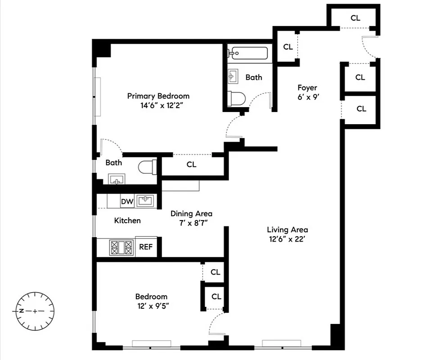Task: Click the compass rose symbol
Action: click(x=36, y=311)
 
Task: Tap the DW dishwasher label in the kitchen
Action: click(x=127, y=202)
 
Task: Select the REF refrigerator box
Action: click(x=146, y=247)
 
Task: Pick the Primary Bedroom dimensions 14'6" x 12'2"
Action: click(x=158, y=106)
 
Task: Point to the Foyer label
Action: click(x=307, y=88)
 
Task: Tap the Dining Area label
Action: click(x=191, y=214)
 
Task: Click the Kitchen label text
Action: click(x=127, y=220)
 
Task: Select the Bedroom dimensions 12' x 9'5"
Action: click(x=151, y=306)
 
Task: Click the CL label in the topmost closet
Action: click(x=355, y=18)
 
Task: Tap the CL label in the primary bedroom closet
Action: click(x=191, y=165)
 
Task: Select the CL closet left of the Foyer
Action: click(x=288, y=47)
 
